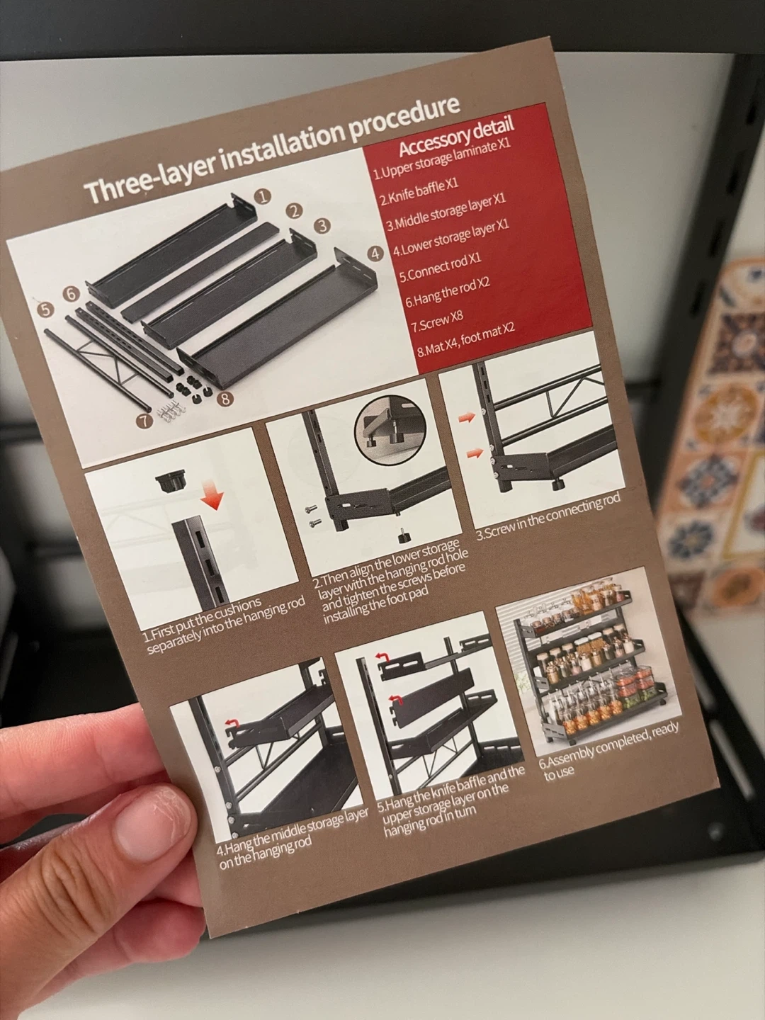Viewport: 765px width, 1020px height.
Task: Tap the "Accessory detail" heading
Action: pos(457,137)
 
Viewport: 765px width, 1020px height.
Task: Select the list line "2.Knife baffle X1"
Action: pos(419,192)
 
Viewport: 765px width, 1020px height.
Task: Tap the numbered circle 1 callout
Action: pos(263,197)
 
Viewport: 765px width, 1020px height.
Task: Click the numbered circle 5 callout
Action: pos(45,310)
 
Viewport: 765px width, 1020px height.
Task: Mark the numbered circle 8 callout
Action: pos(225,399)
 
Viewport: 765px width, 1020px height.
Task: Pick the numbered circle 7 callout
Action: pos(145,421)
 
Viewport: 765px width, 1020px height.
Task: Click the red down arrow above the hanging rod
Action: pos(214,499)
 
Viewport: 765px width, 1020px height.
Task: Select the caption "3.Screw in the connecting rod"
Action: pos(548,516)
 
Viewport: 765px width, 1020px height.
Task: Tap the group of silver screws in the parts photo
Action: pos(171,412)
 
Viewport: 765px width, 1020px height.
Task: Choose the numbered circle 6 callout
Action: pos(71,294)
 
